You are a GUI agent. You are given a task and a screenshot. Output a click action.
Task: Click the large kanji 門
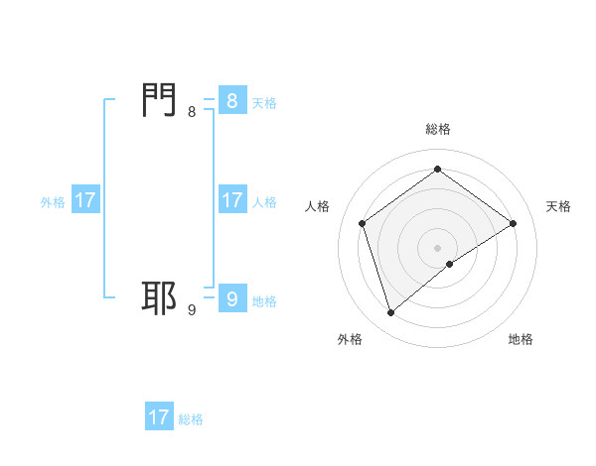tap(160, 100)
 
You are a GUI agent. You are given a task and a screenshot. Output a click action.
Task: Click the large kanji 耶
tap(160, 298)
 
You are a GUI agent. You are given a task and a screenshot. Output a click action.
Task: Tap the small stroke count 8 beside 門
tap(192, 112)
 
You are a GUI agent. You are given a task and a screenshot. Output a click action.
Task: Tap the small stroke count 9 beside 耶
tap(192, 310)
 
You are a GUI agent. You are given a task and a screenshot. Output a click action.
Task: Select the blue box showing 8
tap(231, 100)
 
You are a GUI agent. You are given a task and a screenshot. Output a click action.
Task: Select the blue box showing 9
tap(231, 298)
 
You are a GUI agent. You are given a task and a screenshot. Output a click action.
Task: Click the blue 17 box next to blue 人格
tap(231, 199)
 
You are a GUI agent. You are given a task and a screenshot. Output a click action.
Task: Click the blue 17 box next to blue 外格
tap(85, 199)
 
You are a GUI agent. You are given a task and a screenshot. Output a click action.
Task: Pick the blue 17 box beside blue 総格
tap(159, 417)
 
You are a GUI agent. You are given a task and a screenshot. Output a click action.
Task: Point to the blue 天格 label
tap(264, 102)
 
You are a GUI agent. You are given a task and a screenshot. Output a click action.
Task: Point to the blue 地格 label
tap(264, 300)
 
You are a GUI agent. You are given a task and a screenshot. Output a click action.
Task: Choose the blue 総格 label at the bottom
tap(191, 419)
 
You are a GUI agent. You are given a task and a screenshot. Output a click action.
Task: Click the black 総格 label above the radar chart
tap(438, 129)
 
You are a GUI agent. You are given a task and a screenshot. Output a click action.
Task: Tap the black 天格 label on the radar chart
tap(558, 206)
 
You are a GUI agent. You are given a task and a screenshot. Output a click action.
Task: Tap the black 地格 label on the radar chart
tap(521, 339)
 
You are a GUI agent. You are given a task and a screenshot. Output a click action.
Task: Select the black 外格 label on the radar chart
tap(350, 339)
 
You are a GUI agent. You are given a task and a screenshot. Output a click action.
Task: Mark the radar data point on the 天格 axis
tap(513, 223)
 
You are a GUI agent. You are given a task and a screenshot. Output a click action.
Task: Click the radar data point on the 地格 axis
tap(450, 264)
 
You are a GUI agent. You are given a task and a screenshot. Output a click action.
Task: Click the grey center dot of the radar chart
tap(438, 247)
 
